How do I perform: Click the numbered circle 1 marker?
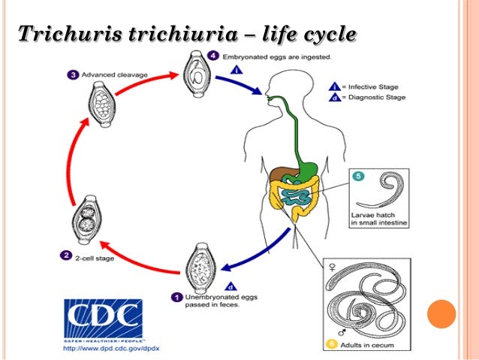[x=176, y=296]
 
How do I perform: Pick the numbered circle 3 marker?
[x=73, y=74]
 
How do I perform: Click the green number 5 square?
[x=358, y=178]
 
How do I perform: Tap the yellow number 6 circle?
[x=331, y=344]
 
